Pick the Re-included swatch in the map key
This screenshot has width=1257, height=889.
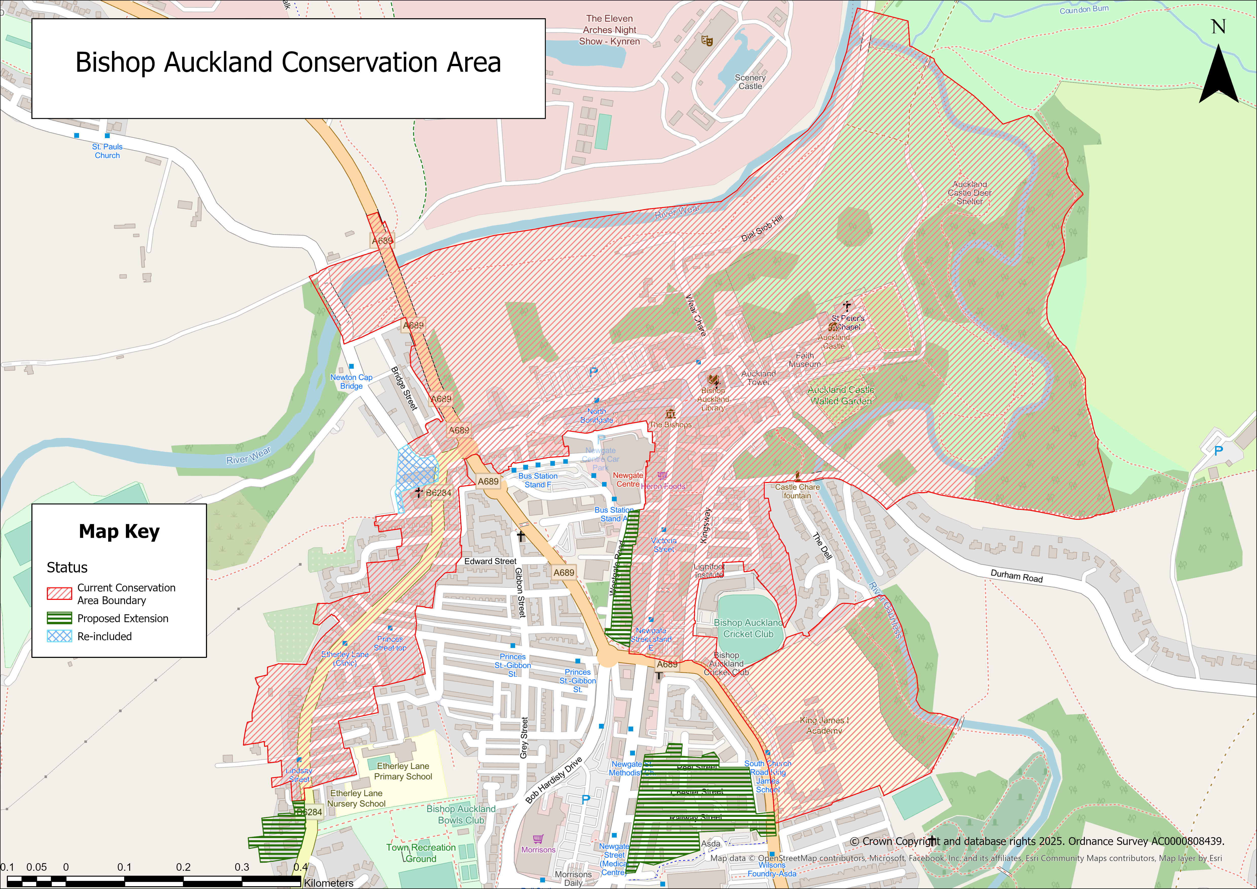(59, 636)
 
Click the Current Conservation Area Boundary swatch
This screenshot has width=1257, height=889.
(59, 594)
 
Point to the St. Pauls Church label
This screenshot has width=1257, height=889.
(107, 151)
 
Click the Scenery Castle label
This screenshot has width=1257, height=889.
(750, 82)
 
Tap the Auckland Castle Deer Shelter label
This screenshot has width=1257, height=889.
(970, 193)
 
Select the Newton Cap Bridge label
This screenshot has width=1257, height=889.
(351, 382)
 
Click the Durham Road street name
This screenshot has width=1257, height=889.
(1017, 576)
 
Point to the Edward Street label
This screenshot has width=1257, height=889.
(490, 561)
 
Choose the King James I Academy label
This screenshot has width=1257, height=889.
(824, 725)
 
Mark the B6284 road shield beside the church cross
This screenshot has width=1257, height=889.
(439, 493)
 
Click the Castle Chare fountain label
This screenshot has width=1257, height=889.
(797, 491)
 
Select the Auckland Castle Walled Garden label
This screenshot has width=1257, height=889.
(841, 395)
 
